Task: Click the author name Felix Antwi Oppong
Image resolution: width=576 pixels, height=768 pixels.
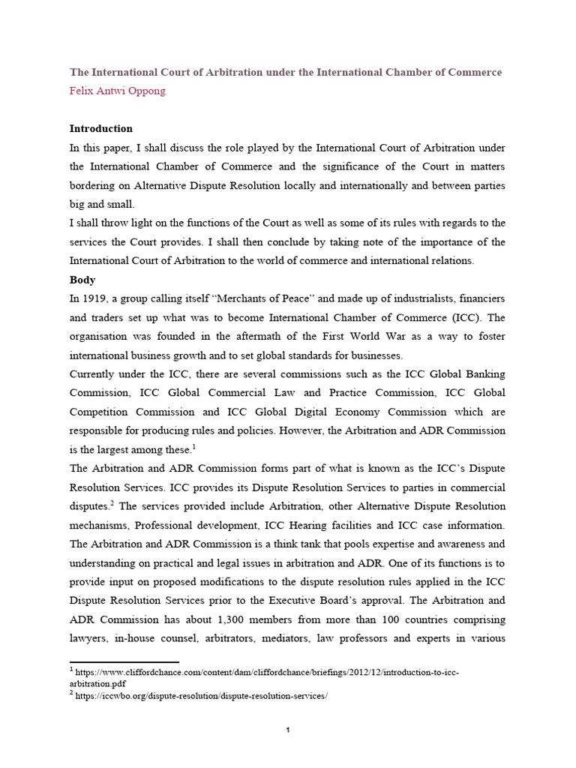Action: pos(118,91)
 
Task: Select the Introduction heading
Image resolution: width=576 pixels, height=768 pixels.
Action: pos(101,128)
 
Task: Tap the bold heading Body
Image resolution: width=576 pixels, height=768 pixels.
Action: pos(82,279)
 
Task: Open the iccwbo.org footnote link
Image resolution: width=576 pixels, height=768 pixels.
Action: pos(202,696)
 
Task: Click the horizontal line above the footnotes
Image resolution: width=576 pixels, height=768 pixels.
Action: pos(124,662)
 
